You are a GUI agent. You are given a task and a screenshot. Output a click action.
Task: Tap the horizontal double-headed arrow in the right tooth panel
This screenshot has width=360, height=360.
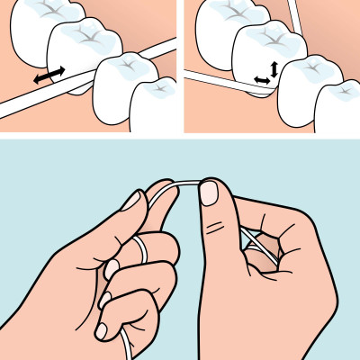pyautogui.click(x=262, y=81)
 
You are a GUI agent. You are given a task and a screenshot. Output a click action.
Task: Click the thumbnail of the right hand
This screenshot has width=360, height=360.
pyautogui.click(x=209, y=192)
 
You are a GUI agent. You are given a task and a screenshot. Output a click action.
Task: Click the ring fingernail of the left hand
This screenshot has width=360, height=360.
pyautogui.click(x=109, y=267)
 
